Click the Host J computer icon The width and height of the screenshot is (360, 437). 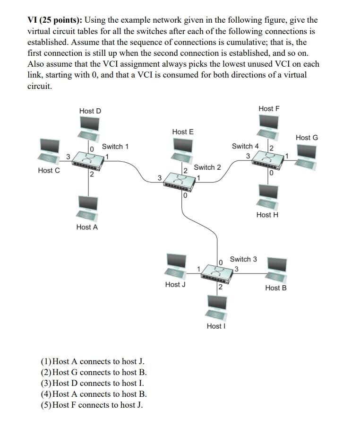tap(176, 265)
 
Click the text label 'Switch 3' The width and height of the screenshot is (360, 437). tap(243, 259)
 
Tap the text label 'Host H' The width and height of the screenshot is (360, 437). tap(267, 215)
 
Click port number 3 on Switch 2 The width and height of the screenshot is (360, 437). tap(160, 178)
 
